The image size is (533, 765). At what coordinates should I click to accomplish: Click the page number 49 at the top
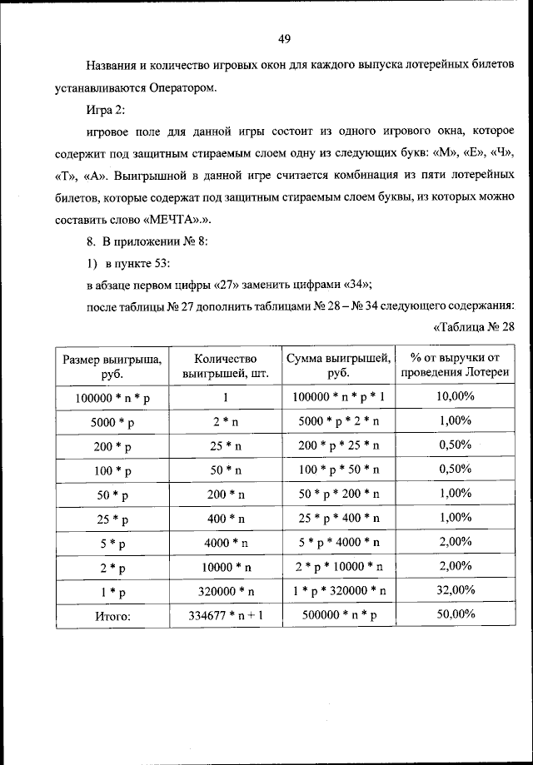pyautogui.click(x=284, y=38)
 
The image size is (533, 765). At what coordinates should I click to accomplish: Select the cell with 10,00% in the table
pyautogui.click(x=455, y=396)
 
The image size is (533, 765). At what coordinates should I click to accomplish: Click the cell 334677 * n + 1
pyautogui.click(x=225, y=615)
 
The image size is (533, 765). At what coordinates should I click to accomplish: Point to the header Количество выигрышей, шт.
pyautogui.click(x=225, y=365)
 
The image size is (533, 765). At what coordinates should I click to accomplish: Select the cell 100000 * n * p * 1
pyautogui.click(x=338, y=397)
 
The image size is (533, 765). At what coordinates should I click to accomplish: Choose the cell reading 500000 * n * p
pyautogui.click(x=338, y=615)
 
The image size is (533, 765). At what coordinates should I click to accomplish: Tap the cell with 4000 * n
pyautogui.click(x=225, y=543)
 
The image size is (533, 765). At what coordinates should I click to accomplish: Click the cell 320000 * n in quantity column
pyautogui.click(x=225, y=591)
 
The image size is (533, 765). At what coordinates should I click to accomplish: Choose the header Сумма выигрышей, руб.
pyautogui.click(x=338, y=365)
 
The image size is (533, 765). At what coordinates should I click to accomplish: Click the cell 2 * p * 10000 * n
pyautogui.click(x=338, y=567)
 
